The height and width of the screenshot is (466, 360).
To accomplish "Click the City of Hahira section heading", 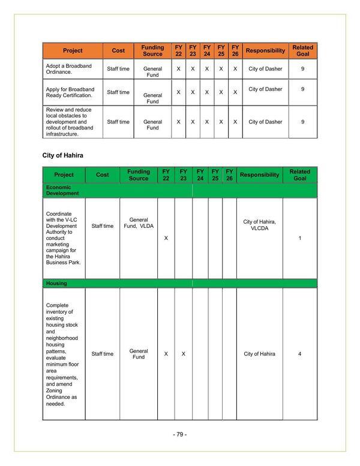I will click(x=62, y=155).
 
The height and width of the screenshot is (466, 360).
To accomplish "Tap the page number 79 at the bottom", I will click(x=180, y=434).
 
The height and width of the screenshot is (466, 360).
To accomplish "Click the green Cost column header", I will click(x=102, y=175).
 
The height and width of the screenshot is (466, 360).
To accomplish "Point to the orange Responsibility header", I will click(x=265, y=51).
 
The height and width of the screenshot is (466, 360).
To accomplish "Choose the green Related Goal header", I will click(x=299, y=175).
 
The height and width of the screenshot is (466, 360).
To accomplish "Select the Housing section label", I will click(x=56, y=282).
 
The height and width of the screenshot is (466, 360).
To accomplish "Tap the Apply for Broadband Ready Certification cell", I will click(x=70, y=92).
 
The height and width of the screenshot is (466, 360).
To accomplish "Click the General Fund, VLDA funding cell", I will click(x=139, y=223).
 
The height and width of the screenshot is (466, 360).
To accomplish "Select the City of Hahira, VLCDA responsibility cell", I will click(x=259, y=224).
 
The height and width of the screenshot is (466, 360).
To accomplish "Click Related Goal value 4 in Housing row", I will click(x=299, y=354).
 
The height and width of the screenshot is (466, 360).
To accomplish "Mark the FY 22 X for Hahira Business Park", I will click(x=166, y=238).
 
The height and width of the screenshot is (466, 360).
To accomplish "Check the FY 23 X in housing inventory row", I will click(x=183, y=354).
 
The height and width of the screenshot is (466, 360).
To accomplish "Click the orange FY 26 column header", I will click(x=235, y=51).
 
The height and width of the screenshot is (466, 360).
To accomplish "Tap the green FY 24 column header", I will click(x=200, y=175).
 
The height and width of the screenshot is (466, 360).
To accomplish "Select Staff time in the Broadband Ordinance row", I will click(x=118, y=69).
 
